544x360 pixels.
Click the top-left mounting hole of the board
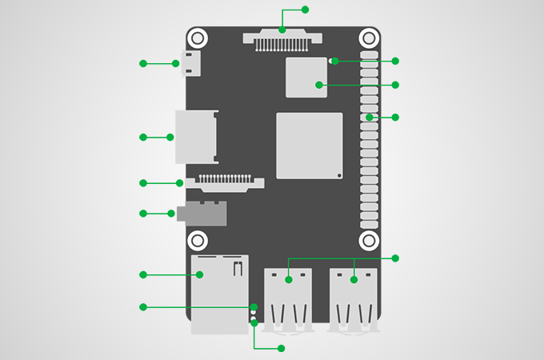[198, 38]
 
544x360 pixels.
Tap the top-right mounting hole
[369, 38]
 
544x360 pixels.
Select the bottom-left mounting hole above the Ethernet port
[198, 240]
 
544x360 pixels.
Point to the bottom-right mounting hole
[369, 240]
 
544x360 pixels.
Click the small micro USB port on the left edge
[192, 63]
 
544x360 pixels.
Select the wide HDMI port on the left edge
[194, 137]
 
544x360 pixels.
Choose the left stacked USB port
[287, 298]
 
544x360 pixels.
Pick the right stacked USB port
[353, 298]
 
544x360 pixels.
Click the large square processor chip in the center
[310, 145]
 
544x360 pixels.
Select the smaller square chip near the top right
[306, 78]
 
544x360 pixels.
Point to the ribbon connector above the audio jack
[225, 183]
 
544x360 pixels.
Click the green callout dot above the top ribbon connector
[304, 10]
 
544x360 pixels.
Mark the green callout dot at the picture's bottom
[281, 348]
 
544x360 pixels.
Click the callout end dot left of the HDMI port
[143, 138]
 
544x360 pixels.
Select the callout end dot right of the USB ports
[394, 258]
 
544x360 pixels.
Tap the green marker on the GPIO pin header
[369, 118]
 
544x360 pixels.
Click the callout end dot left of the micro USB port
[143, 63]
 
